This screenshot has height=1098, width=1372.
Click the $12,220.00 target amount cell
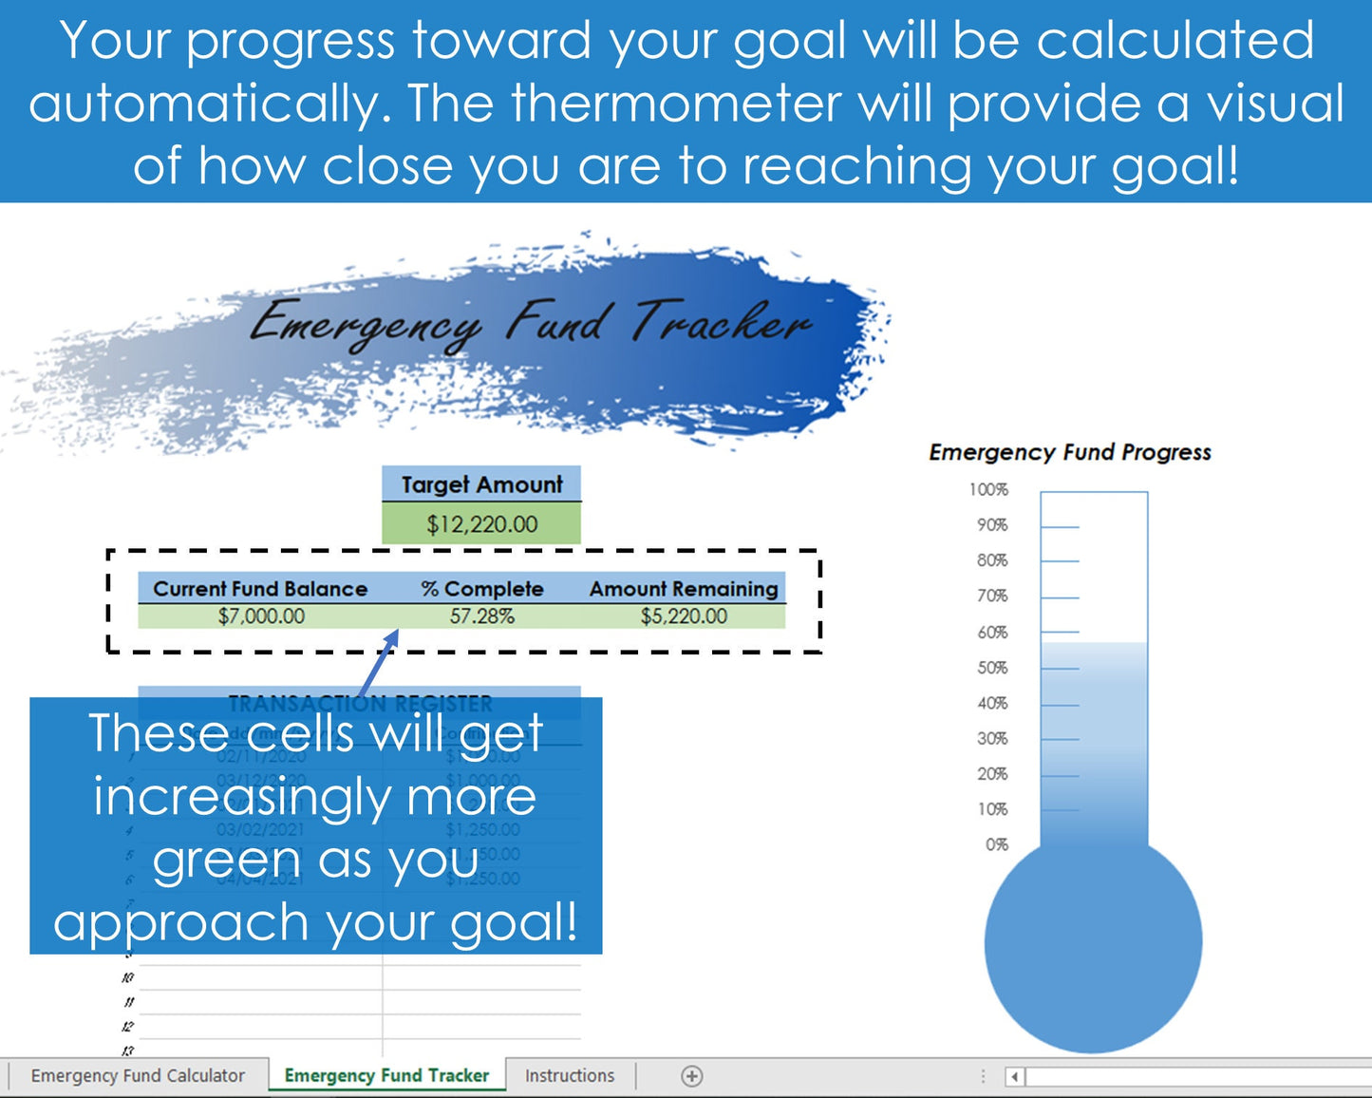pyautogui.click(x=481, y=524)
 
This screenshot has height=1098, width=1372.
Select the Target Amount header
pyautogui.click(x=481, y=484)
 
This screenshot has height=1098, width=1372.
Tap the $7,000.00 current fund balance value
pyautogui.click(x=261, y=616)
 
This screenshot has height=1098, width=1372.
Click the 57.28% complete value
pyautogui.click(x=482, y=616)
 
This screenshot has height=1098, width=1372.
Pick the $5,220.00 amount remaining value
pyautogui.click(x=684, y=616)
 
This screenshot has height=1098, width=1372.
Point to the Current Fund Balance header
pyautogui.click(x=260, y=589)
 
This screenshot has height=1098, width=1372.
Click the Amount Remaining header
pyautogui.click(x=684, y=589)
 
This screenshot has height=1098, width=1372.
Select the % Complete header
pyautogui.click(x=482, y=589)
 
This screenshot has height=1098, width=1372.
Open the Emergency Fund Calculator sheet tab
pyautogui.click(x=138, y=1075)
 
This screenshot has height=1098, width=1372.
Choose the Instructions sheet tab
pyautogui.click(x=570, y=1075)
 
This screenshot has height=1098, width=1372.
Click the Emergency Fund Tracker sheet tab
pyautogui.click(x=386, y=1075)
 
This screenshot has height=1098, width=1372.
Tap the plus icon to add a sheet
pyautogui.click(x=692, y=1076)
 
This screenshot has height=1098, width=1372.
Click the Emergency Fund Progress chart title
pyautogui.click(x=1070, y=452)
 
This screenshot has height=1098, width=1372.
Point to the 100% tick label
pyautogui.click(x=988, y=490)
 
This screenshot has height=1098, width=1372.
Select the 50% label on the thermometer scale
pyautogui.click(x=992, y=668)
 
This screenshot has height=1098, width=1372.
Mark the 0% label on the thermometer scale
pyautogui.click(x=996, y=844)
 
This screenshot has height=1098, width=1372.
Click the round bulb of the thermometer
pyautogui.click(x=1093, y=944)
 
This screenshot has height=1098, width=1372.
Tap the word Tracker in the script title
pyautogui.click(x=722, y=323)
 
